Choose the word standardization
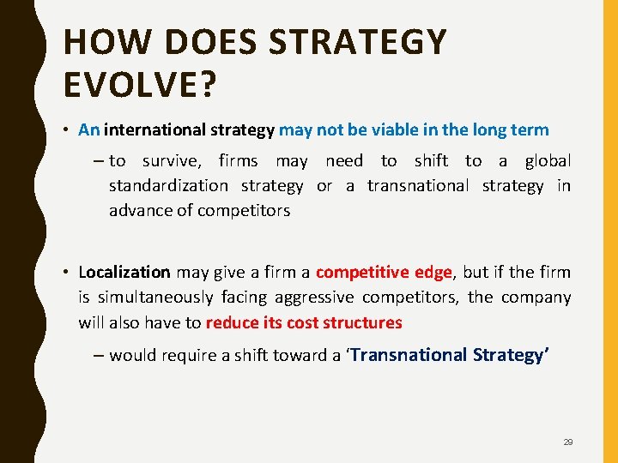tap(168, 186)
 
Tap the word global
tap(548, 160)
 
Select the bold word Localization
tap(124, 272)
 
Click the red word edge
tap(433, 272)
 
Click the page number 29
tap(568, 442)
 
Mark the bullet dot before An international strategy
tap(65, 131)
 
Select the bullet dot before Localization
tap(65, 273)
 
